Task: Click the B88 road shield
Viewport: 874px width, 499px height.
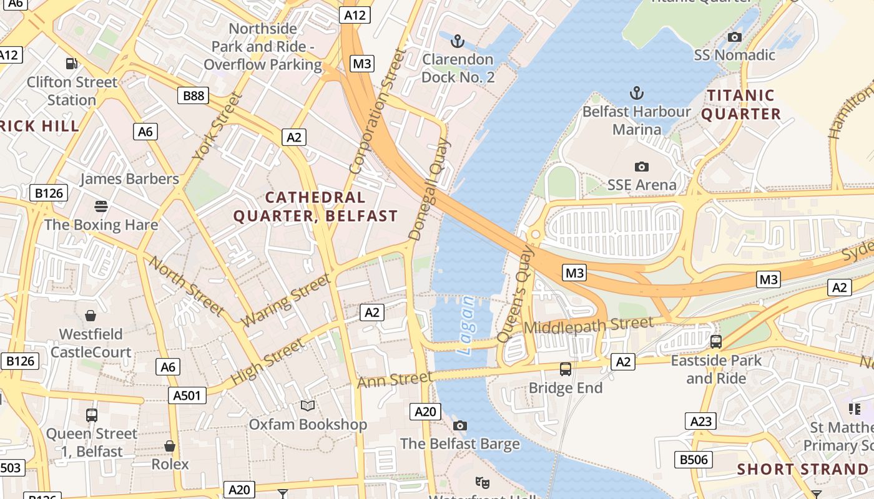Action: (193, 95)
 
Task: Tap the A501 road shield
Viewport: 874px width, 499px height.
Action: (187, 395)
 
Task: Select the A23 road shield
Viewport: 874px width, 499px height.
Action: (700, 422)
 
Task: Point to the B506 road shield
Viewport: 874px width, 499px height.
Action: (694, 460)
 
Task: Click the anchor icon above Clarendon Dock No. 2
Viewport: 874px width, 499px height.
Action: (458, 42)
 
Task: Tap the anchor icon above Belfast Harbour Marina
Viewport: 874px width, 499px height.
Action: (636, 94)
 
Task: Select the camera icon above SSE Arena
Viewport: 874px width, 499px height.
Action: (641, 167)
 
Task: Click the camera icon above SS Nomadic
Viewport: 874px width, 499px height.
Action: (735, 37)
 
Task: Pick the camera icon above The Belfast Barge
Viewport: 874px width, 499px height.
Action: (460, 425)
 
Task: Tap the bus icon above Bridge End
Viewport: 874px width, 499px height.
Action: (566, 369)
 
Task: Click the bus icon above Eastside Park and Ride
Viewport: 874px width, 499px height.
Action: (716, 342)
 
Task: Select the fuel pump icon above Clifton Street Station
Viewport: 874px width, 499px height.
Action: (72, 63)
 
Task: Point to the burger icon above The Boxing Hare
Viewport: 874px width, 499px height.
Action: (101, 206)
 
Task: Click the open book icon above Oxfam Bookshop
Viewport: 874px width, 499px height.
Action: (308, 406)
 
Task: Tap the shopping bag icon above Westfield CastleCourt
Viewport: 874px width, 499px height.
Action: (91, 316)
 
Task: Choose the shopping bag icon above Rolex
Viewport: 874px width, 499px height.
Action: (169, 446)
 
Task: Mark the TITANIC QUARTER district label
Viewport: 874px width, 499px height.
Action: (741, 105)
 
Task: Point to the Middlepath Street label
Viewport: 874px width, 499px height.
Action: (589, 325)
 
